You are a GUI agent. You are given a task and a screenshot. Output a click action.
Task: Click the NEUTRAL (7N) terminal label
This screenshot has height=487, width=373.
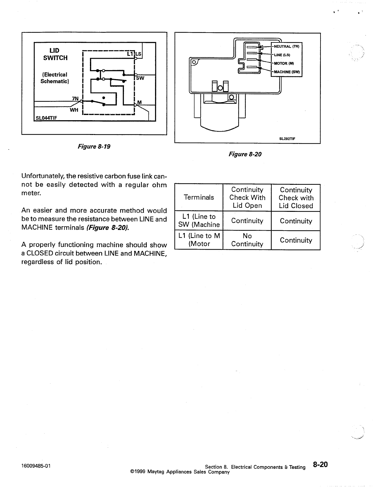point(286,46)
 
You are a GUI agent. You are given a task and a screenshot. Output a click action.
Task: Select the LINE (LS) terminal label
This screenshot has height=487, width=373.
point(282,55)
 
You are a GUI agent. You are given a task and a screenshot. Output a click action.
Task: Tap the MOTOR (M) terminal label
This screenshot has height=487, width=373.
point(284,63)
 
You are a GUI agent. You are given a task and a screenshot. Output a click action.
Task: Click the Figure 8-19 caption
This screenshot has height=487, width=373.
point(94,146)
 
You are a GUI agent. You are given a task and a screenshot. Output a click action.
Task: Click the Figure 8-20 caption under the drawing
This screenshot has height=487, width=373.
point(245,154)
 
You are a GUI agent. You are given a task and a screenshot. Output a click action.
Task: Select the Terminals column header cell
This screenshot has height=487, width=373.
point(199,197)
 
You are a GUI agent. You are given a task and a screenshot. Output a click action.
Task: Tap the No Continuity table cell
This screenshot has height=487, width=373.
point(247,240)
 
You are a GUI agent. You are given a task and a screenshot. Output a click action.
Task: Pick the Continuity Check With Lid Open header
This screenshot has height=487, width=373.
point(247,197)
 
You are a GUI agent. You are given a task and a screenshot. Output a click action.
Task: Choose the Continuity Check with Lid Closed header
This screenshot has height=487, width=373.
point(296,198)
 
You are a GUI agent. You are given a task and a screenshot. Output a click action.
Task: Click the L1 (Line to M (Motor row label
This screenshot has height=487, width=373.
point(199,240)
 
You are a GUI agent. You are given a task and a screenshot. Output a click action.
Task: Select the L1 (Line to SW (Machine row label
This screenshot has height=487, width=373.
point(199,220)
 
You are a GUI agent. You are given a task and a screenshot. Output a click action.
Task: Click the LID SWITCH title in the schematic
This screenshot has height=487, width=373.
point(55,54)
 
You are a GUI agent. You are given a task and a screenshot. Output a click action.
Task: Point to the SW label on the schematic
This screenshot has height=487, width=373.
point(140,78)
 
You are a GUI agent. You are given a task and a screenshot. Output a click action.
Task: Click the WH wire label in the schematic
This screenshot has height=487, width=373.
point(74,110)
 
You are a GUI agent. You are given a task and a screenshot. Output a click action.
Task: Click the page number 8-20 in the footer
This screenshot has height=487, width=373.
point(320,465)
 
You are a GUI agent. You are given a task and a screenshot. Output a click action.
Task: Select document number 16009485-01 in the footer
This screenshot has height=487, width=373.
point(36,465)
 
